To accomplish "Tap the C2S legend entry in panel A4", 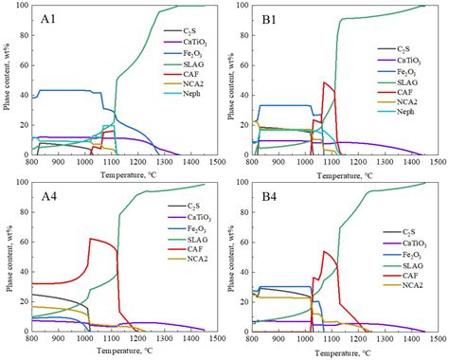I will pyautogui.click(x=181, y=231).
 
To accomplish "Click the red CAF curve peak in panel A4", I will pyautogui.click(x=91, y=238).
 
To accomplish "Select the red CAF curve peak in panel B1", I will pyautogui.click(x=323, y=82).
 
